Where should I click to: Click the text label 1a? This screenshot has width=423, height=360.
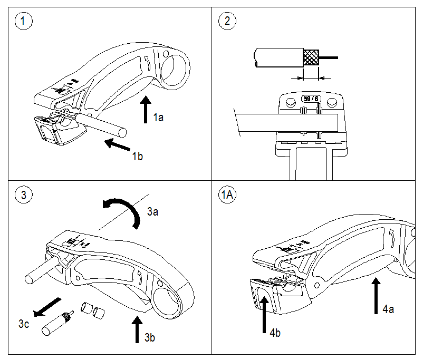point(158,118)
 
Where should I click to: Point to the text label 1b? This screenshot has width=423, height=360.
point(138,156)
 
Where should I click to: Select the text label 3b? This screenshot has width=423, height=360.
point(150,337)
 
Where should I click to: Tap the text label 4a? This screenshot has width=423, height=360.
point(389,308)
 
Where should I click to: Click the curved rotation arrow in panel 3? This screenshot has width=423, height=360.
point(124,209)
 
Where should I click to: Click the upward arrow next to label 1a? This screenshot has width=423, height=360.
point(146,109)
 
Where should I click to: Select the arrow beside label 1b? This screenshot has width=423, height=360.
point(117,143)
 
